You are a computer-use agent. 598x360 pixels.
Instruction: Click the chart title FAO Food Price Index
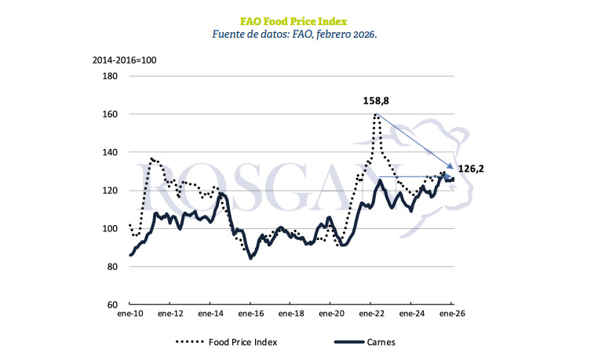[299, 20]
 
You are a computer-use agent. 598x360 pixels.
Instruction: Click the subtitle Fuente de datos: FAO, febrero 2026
[299, 35]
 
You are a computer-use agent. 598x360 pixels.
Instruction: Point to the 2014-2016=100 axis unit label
[122, 60]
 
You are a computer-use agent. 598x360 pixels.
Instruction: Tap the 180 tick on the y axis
[109, 76]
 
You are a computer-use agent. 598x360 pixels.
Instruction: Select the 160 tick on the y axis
[109, 115]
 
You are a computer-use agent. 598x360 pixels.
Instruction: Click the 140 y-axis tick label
[109, 152]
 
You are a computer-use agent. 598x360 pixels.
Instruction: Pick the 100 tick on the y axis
[109, 228]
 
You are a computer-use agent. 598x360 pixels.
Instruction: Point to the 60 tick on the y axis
[112, 304]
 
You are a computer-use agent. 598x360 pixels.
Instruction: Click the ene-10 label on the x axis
[129, 315]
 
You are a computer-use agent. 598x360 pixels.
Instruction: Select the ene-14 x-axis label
[210, 315]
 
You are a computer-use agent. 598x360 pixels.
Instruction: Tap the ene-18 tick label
[291, 315]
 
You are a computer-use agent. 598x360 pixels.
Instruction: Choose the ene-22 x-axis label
[372, 315]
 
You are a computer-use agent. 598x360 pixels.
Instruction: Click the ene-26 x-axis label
[453, 315]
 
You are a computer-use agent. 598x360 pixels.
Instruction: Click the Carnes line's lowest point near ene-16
[250, 257]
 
